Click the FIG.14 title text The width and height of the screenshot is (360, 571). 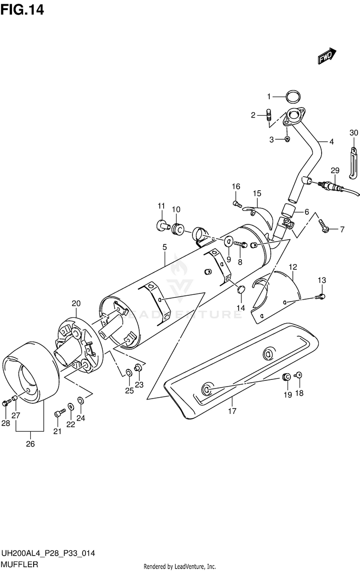(23, 10)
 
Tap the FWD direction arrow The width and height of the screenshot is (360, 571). (327, 56)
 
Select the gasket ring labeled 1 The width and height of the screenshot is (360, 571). (293, 97)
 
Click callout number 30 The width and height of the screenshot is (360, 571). (354, 133)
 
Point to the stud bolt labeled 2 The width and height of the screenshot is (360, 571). (270, 115)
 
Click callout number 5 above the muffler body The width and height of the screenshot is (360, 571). (164, 247)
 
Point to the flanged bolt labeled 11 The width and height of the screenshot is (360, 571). (162, 224)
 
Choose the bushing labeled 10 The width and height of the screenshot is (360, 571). (178, 227)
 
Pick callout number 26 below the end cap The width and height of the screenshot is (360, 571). (30, 444)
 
